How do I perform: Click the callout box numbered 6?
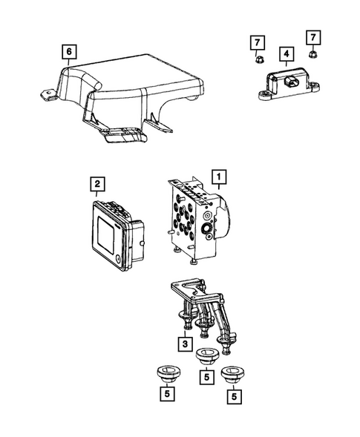point(69,51)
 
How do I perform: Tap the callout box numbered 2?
point(98,183)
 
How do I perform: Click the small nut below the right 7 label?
point(312,54)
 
